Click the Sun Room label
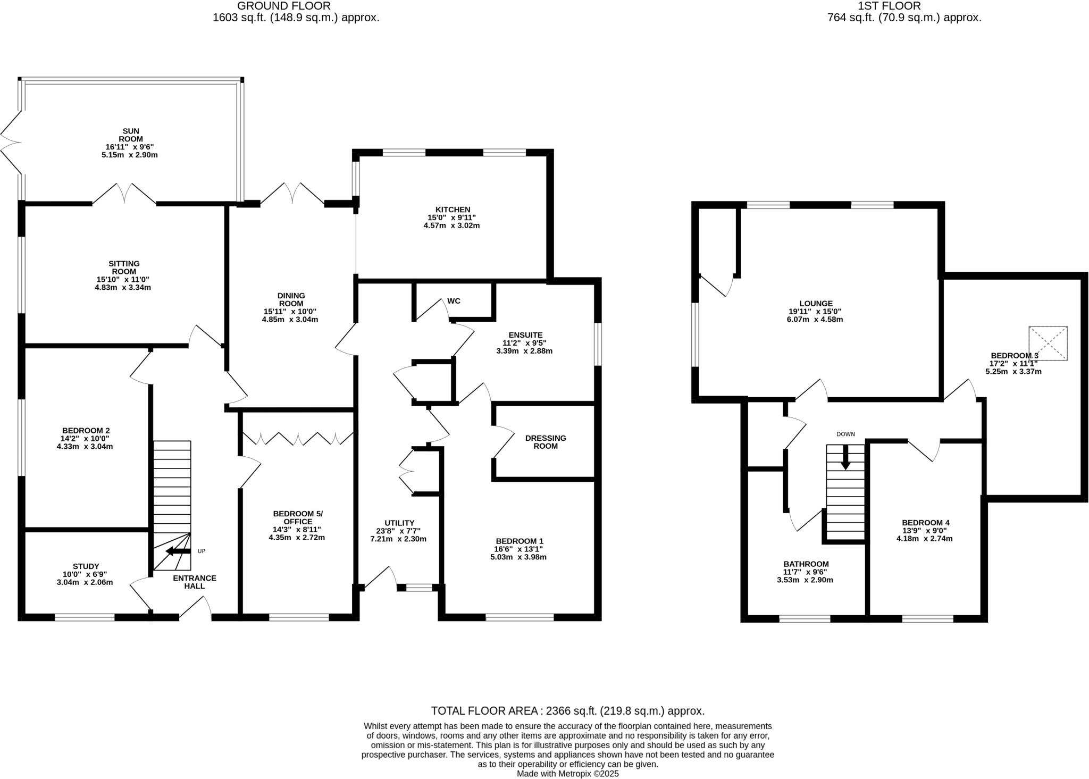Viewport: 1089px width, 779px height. pos(130,135)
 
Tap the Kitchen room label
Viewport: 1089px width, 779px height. pos(452,210)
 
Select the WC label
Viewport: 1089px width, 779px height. pos(454,301)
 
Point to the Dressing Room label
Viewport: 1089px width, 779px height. pos(546,442)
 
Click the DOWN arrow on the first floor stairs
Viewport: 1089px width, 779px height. pos(845,457)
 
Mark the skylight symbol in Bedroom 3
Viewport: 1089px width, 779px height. pos(1048,344)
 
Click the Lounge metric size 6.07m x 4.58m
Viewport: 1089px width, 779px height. pos(815,320)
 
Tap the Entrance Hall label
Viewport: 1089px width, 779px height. pos(195,582)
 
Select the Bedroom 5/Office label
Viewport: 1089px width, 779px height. pos(298,517)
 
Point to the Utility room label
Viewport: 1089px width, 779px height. pos(399,523)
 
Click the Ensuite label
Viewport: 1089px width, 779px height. pos(525,335)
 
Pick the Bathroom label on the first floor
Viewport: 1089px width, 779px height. pos(806,564)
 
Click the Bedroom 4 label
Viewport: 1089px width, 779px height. pos(925,522)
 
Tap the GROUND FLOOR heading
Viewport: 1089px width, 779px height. pos(284,6)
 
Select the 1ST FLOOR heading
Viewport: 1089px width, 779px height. pos(904,6)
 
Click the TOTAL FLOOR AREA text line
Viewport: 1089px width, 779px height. pos(567,711)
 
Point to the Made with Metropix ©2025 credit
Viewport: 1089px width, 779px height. pos(567,774)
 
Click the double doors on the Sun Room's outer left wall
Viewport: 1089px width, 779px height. pos(11,142)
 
